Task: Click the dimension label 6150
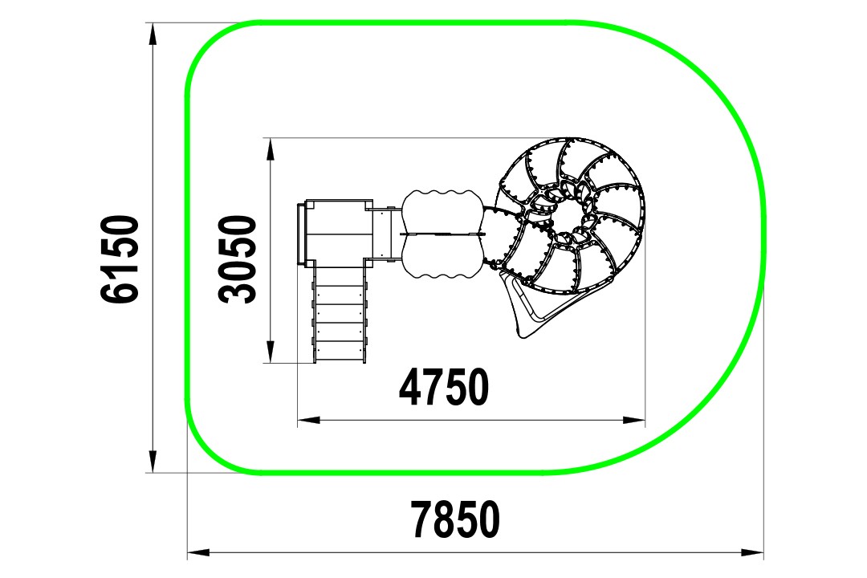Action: click(x=120, y=259)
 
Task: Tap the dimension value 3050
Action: click(x=238, y=259)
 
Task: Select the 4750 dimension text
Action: click(x=444, y=387)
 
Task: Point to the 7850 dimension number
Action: click(x=456, y=519)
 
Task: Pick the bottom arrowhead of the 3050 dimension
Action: click(x=270, y=352)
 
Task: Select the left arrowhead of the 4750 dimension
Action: click(x=309, y=421)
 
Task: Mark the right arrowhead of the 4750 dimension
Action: click(x=633, y=421)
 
